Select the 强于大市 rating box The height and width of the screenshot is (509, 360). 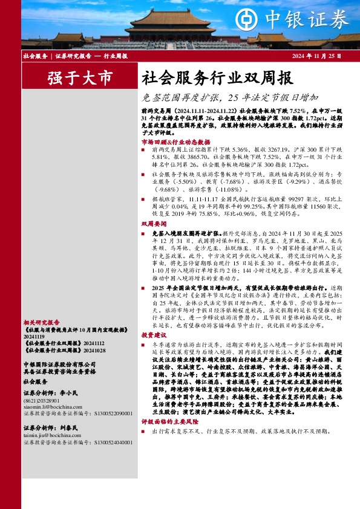80,78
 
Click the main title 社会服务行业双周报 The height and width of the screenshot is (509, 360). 217,78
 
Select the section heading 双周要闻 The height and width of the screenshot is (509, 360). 153,223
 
